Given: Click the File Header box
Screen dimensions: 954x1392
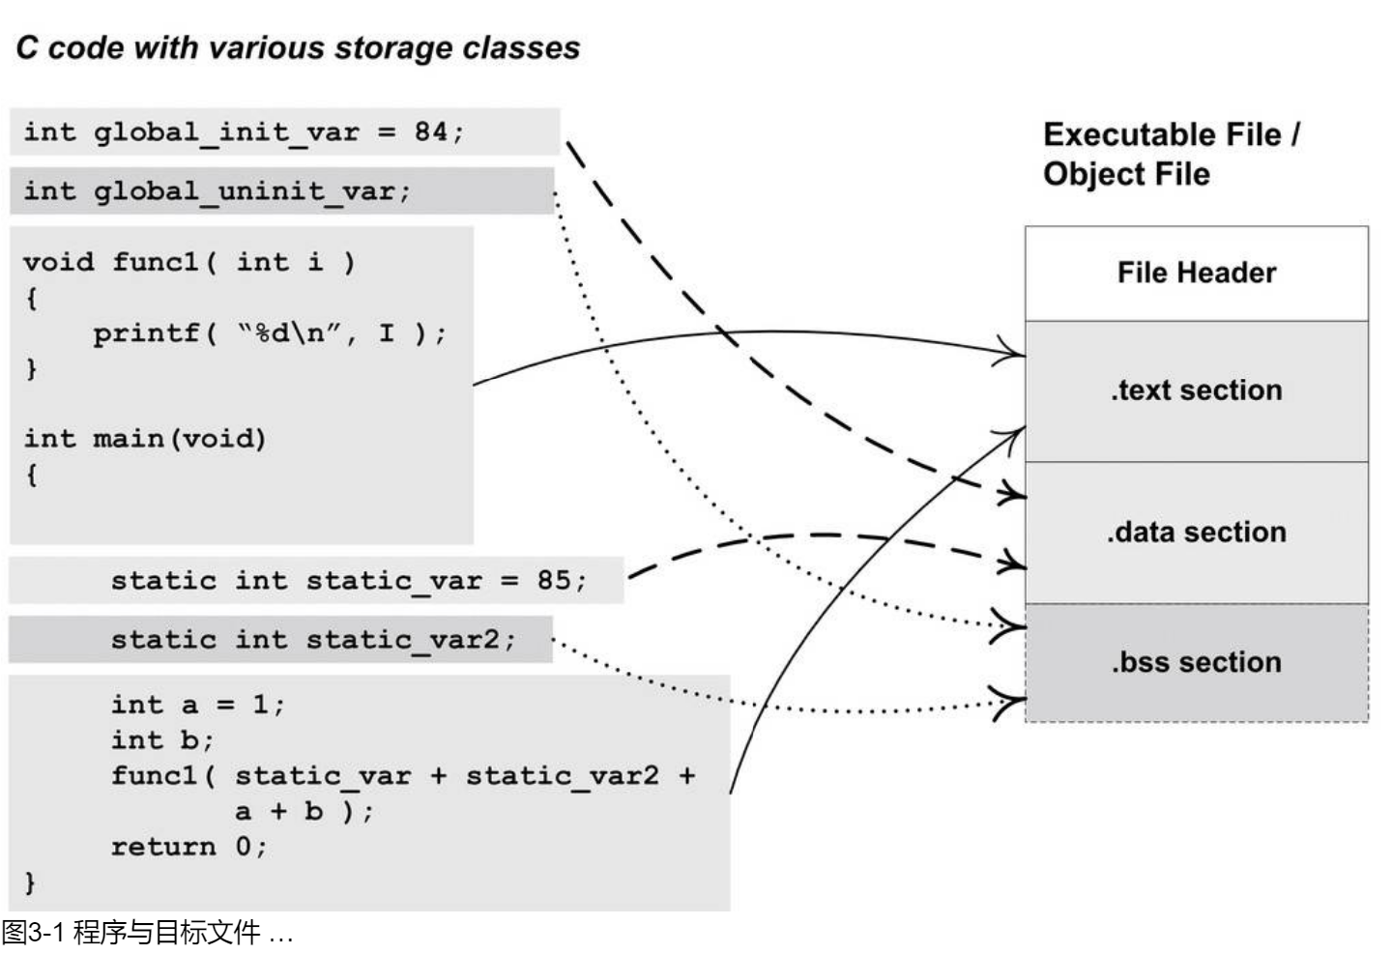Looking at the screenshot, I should click(1196, 274).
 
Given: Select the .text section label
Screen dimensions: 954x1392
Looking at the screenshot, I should click(1196, 390).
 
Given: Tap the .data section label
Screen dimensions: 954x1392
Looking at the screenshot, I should click(1196, 533).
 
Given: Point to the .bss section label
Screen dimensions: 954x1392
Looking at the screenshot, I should click(1196, 663).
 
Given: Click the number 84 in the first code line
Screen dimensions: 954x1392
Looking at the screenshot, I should click(430, 131).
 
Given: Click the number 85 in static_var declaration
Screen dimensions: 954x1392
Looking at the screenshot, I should click(554, 581).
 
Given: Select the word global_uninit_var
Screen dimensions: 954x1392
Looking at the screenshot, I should click(244, 191).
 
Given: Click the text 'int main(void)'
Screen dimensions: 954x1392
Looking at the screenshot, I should click(145, 440).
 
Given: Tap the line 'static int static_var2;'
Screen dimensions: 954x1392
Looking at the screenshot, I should click(313, 640).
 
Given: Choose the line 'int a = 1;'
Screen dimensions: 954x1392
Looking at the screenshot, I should click(197, 705).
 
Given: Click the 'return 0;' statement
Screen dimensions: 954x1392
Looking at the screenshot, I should click(188, 848).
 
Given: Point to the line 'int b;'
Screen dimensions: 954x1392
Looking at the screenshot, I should click(161, 740).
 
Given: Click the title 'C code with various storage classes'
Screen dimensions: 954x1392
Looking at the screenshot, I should click(298, 48).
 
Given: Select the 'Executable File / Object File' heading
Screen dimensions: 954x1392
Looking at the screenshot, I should click(1171, 154).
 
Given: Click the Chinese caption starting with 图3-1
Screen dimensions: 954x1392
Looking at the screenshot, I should click(146, 934).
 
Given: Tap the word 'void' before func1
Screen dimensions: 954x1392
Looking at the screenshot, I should click(58, 263).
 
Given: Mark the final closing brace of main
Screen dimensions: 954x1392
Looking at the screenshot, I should click(30, 882).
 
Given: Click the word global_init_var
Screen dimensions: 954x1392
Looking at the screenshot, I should click(226, 131).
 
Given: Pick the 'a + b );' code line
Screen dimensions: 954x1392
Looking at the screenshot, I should click(304, 812).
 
